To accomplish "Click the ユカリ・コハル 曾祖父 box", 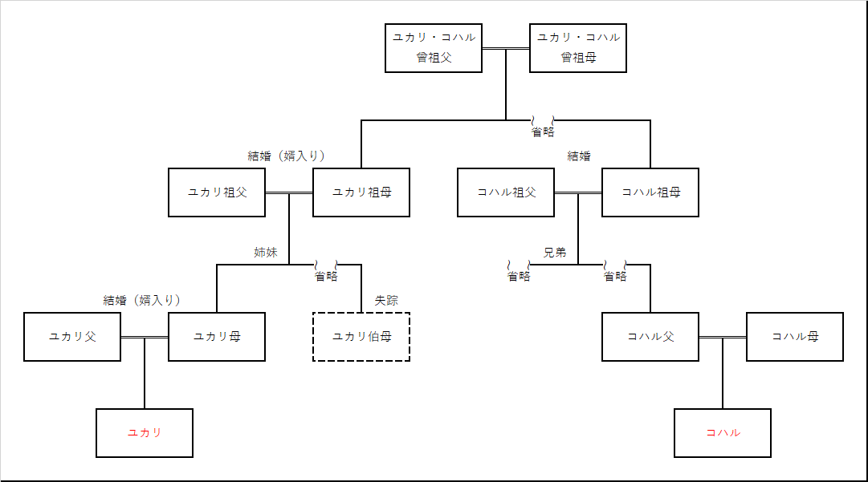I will point(434,48).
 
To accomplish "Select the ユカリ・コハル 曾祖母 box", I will point(578,48).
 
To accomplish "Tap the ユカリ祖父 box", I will point(217,192).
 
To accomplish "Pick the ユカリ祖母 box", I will point(361,192).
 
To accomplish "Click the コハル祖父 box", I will point(506,192).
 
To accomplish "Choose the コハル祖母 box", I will point(650,192).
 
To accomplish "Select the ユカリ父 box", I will point(72,337).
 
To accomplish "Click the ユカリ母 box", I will point(217,337).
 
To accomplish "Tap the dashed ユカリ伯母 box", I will point(361,337).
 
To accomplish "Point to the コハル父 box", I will point(650,337).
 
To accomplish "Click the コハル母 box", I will point(795,337).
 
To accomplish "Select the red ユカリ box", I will point(145,433).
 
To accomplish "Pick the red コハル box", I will point(723,433).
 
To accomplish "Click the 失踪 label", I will point(386,301).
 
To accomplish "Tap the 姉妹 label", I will point(266,253).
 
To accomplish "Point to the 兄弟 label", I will point(555,253).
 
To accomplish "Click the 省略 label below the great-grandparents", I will point(543,132).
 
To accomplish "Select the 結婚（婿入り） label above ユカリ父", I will point(142,301).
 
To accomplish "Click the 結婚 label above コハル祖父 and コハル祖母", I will point(579,156).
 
